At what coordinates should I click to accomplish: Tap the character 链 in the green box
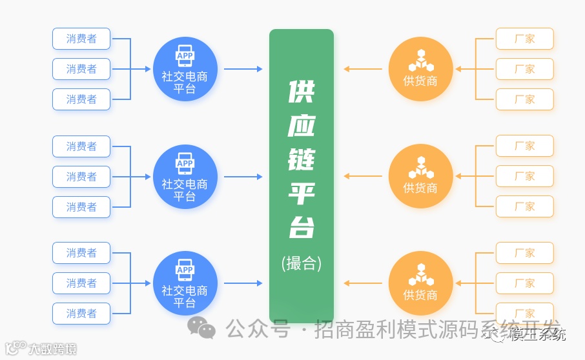[x=301, y=159]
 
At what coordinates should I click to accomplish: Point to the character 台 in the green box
[x=301, y=226]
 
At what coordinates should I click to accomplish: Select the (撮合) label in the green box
[x=302, y=263]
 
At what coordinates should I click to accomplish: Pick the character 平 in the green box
[x=301, y=192]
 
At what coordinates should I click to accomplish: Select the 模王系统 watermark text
[x=538, y=334]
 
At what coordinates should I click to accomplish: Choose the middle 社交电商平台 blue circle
[x=185, y=176]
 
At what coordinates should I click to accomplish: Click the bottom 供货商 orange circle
[x=420, y=283]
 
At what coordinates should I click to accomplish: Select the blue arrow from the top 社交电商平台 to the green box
[x=243, y=69]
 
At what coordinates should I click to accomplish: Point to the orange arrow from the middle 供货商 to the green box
[x=363, y=176]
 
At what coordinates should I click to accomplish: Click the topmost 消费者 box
[x=81, y=39]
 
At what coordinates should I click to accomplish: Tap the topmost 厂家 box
[x=524, y=39]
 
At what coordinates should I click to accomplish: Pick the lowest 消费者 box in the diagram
[x=81, y=314]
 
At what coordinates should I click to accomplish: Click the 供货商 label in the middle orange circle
[x=420, y=188]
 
